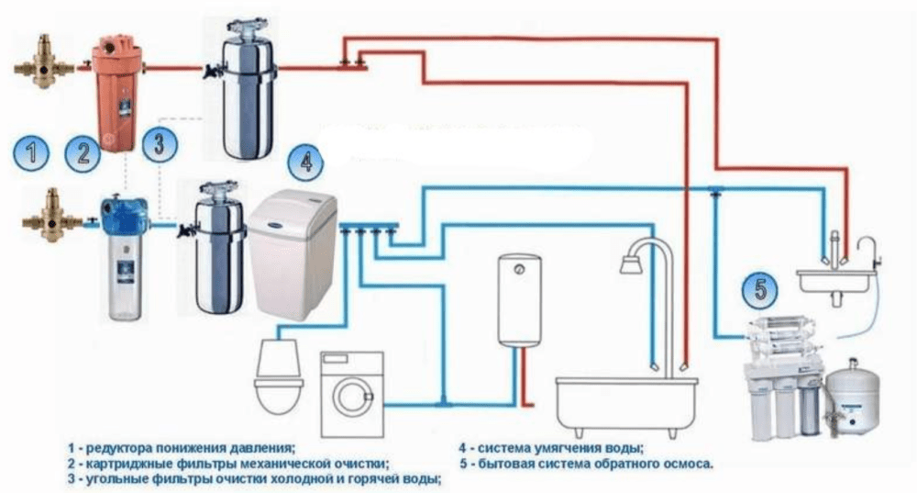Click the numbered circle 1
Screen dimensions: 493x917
(x=34, y=150)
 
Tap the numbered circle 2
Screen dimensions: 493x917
(x=86, y=150)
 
